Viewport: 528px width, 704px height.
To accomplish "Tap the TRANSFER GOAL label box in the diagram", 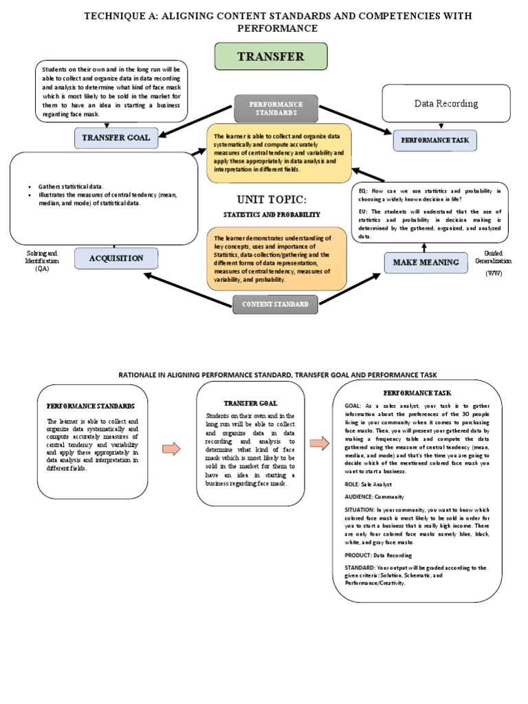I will [115, 137].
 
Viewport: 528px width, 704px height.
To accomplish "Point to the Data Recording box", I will [445, 103].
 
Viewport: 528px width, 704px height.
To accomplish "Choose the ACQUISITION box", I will [115, 258].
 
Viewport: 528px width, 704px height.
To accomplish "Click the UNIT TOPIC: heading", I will [271, 199].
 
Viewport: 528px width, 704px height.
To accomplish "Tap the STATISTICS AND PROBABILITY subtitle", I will [271, 215].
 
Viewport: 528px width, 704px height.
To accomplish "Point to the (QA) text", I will [43, 268].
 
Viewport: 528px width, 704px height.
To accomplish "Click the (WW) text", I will [494, 274].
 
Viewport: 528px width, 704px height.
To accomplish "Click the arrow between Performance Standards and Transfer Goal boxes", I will [171, 449].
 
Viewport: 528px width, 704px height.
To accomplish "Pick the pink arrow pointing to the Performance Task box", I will [320, 443].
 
